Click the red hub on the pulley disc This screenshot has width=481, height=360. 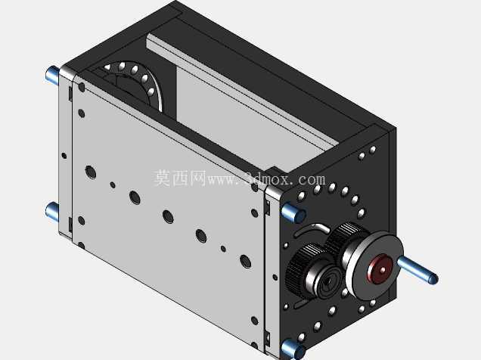(x=380, y=268)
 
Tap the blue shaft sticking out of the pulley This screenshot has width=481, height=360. (x=417, y=270)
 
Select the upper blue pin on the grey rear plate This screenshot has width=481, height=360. (x=52, y=75)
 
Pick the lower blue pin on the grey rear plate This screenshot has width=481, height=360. (x=52, y=211)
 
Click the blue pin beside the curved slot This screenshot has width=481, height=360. (x=293, y=212)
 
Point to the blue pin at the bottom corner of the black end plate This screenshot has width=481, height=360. (x=293, y=349)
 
